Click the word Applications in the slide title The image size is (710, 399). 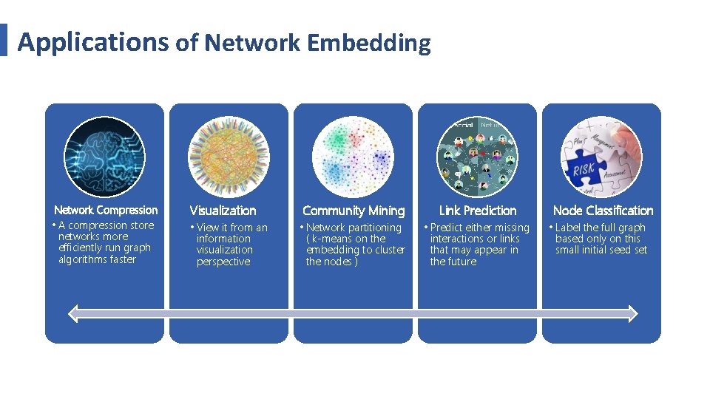pyautogui.click(x=92, y=42)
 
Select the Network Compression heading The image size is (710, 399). pyautogui.click(x=106, y=211)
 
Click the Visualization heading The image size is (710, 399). pyautogui.click(x=223, y=211)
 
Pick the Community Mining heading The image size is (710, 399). pyautogui.click(x=354, y=211)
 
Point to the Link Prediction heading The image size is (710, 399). pyautogui.click(x=478, y=211)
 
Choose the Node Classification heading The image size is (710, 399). pyautogui.click(x=603, y=211)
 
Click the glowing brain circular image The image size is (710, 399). pyautogui.click(x=104, y=157)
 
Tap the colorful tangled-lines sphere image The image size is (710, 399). pyautogui.click(x=229, y=157)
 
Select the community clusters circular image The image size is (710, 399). pyautogui.click(x=353, y=157)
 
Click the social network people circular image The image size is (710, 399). pyautogui.click(x=477, y=157)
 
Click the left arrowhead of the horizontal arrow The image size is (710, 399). pyautogui.click(x=72, y=314)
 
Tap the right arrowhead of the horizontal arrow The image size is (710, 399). pyautogui.click(x=632, y=314)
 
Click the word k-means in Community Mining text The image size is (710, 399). pyautogui.click(x=332, y=239)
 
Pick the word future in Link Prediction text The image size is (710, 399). pyautogui.click(x=463, y=262)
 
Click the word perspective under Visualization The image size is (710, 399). pyautogui.click(x=223, y=262)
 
